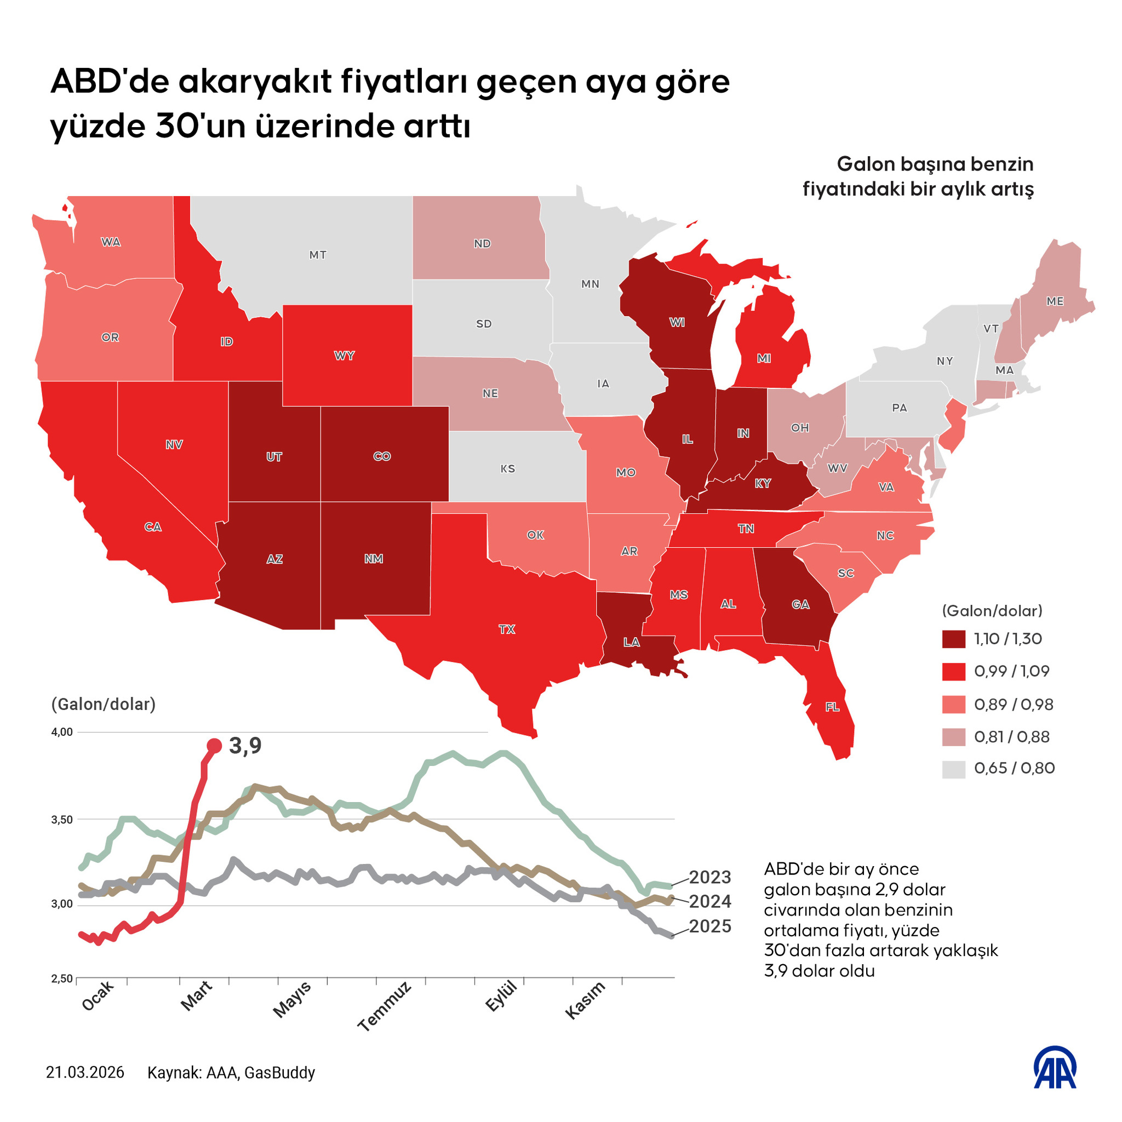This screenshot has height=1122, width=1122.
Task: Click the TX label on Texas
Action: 506,629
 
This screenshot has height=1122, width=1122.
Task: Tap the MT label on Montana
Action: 318,255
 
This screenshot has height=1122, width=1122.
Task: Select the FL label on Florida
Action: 832,707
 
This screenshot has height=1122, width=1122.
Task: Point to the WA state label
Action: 111,242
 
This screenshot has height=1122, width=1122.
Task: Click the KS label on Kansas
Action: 507,468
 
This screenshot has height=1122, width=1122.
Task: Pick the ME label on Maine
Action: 1055,301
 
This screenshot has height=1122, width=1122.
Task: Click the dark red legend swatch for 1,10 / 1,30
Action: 953,639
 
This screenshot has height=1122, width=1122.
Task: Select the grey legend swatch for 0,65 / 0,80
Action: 953,769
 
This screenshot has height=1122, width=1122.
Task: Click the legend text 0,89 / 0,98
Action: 1014,705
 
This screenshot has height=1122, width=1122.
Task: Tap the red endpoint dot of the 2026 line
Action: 214,746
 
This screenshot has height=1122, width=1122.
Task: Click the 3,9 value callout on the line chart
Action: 245,746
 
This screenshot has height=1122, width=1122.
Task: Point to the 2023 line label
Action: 709,877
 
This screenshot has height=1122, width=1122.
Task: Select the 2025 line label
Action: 709,926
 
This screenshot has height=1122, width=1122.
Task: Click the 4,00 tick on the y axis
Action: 62,732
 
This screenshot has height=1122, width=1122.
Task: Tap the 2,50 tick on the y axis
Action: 62,979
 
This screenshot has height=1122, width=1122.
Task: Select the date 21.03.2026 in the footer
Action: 85,1073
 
